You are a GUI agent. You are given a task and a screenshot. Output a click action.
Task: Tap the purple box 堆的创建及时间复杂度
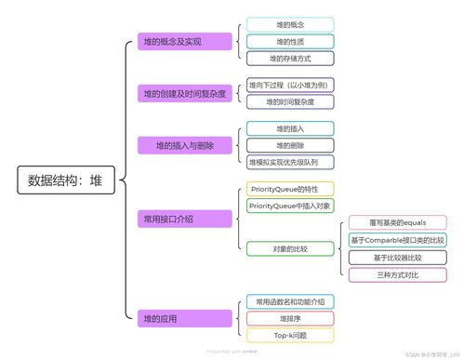pyautogui.click(x=184, y=94)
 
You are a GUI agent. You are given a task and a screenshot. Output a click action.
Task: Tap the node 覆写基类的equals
pyautogui.click(x=397, y=223)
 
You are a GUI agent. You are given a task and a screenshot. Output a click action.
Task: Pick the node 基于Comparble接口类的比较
pyautogui.click(x=397, y=241)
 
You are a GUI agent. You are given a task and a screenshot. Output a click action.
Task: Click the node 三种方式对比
pyautogui.click(x=397, y=274)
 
